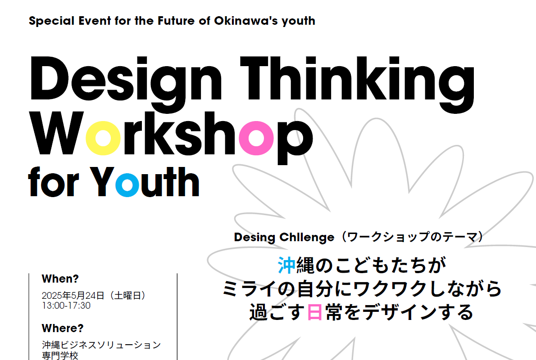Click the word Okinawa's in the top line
click(x=246, y=21)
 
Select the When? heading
click(x=60, y=279)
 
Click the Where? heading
click(x=63, y=328)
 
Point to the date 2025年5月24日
click(x=73, y=296)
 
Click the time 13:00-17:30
click(x=66, y=306)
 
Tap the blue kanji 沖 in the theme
click(x=286, y=265)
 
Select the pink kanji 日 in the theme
click(x=314, y=312)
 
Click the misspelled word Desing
click(x=254, y=238)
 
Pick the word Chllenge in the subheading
click(x=307, y=238)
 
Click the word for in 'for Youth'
click(x=54, y=182)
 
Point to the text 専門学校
click(x=60, y=355)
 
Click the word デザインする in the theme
click(x=418, y=312)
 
